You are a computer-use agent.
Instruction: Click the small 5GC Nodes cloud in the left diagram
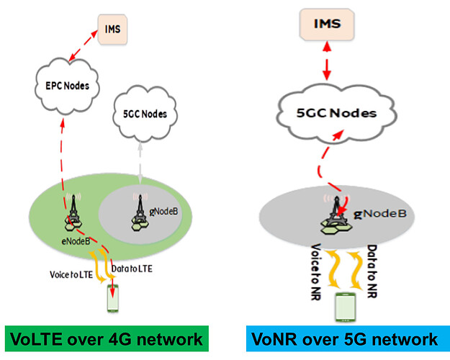(146, 114)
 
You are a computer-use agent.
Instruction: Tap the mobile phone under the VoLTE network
(111, 297)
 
